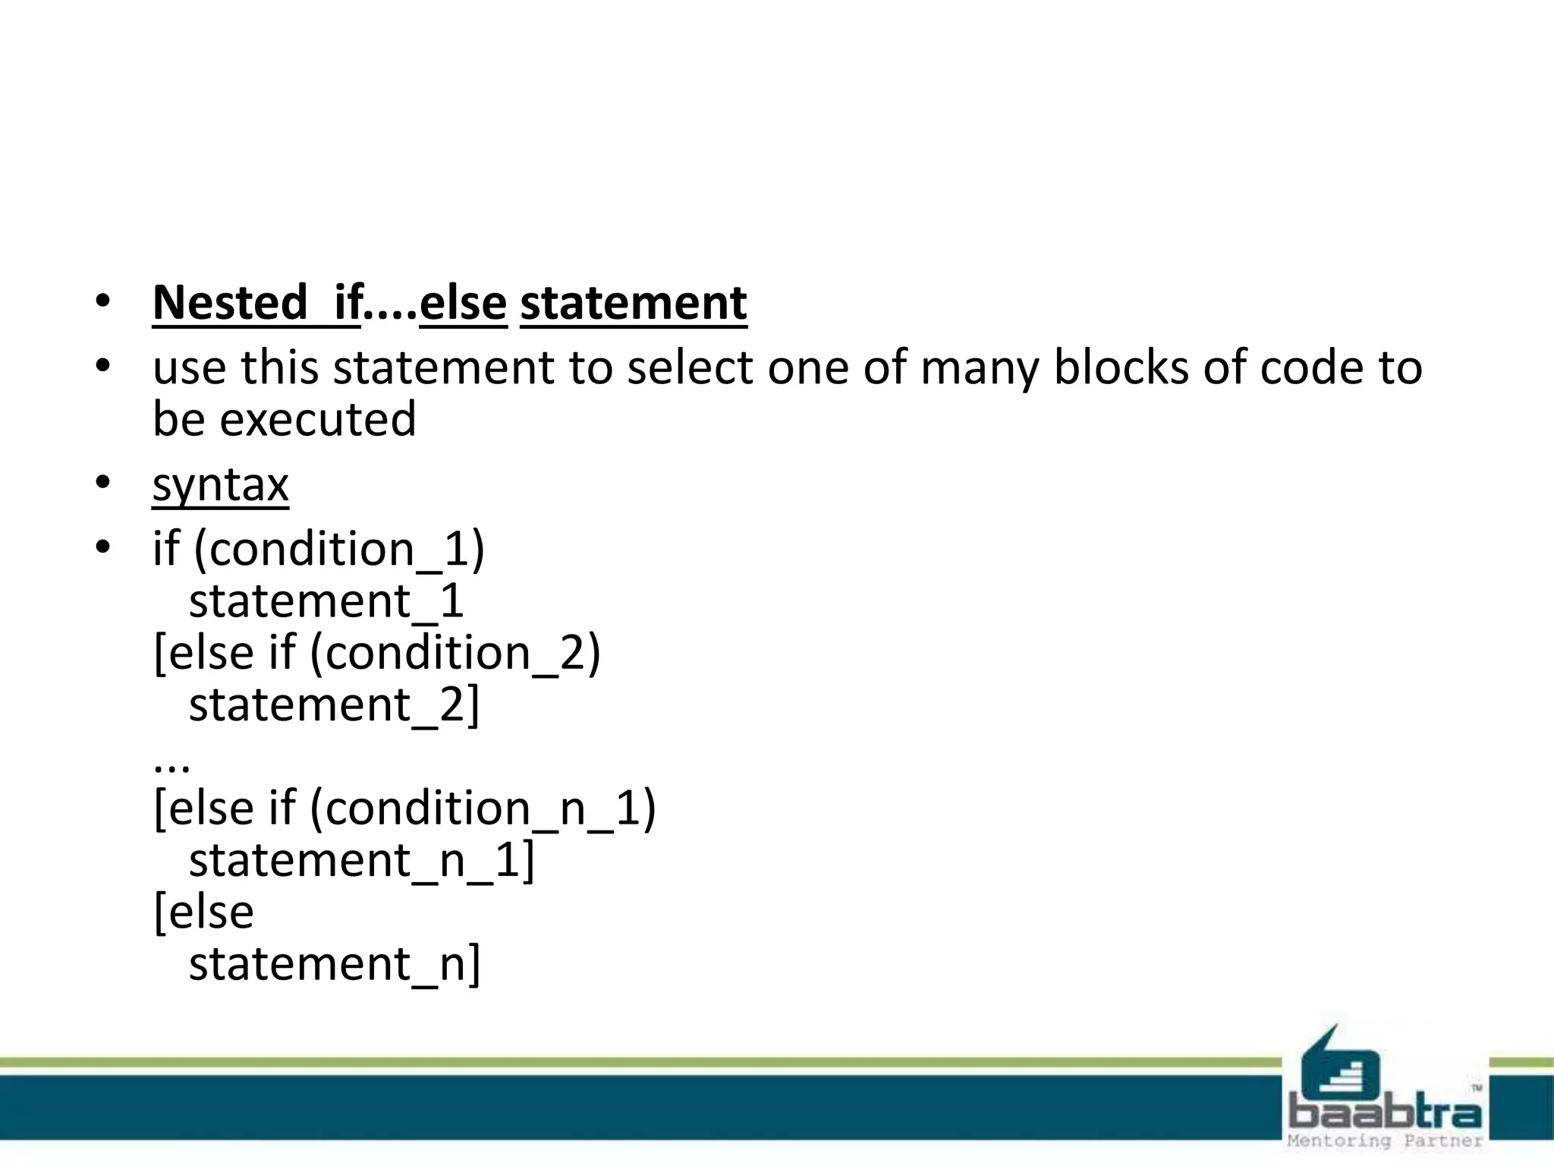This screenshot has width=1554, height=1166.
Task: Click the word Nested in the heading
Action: coord(229,303)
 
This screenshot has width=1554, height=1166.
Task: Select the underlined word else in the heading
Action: coord(463,303)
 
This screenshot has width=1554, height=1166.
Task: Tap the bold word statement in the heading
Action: coord(634,303)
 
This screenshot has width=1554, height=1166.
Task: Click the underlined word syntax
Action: coord(220,484)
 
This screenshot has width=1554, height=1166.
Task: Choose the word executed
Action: coord(318,419)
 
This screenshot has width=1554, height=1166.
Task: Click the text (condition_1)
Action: coord(339,549)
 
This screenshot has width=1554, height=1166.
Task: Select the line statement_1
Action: coord(326,601)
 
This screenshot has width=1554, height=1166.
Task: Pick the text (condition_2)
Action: coord(455,653)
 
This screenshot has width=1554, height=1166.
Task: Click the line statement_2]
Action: coord(335,705)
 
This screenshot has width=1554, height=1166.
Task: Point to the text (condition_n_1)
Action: coord(483,808)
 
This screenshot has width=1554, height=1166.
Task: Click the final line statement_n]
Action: coord(335,964)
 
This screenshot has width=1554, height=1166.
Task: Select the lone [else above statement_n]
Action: coord(203,912)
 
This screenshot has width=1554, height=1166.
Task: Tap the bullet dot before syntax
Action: coord(103,482)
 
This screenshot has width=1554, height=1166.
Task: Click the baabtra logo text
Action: coord(1386,1114)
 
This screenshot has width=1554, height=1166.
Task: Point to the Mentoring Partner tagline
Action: coord(1386,1140)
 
